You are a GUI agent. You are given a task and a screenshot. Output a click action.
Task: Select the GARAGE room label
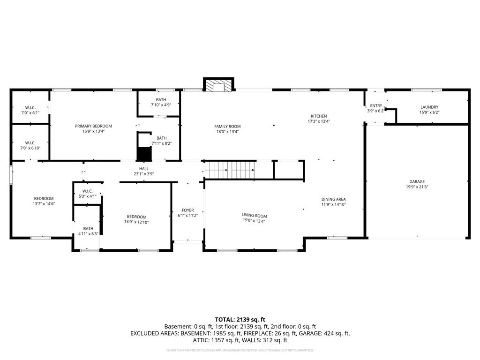click(417, 181)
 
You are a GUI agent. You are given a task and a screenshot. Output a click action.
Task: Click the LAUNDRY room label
click(429, 107)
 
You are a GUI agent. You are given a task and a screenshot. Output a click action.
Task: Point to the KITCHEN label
click(319, 116)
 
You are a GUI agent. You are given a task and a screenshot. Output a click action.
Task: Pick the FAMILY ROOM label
click(227, 127)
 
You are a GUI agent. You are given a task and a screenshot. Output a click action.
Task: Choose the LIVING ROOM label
click(254, 216)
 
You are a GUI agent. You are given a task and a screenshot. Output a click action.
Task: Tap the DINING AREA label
click(333, 199)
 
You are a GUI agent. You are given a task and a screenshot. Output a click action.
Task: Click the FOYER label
click(187, 210)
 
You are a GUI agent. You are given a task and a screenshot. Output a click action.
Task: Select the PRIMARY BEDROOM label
click(93, 126)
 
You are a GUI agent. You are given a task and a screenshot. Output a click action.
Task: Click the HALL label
click(143, 168)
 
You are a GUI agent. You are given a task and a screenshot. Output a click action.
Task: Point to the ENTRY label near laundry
click(376, 105)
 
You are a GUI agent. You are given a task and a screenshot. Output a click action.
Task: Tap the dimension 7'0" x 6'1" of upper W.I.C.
click(30, 113)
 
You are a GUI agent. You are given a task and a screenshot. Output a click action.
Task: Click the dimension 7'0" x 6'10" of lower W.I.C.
click(30, 148)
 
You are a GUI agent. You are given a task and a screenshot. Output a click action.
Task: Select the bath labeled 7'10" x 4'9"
click(161, 105)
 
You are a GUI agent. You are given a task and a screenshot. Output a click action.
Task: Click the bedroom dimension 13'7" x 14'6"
click(43, 204)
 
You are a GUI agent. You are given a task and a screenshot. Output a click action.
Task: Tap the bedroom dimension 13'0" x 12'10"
click(135, 222)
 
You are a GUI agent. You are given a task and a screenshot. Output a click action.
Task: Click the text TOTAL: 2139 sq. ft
click(240, 319)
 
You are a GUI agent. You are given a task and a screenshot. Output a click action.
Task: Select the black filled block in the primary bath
click(143, 154)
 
